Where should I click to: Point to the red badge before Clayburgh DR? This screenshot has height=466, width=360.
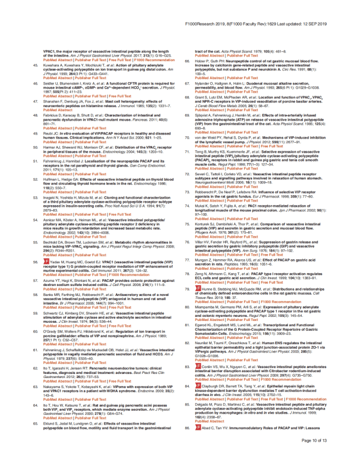[x=198, y=418]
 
